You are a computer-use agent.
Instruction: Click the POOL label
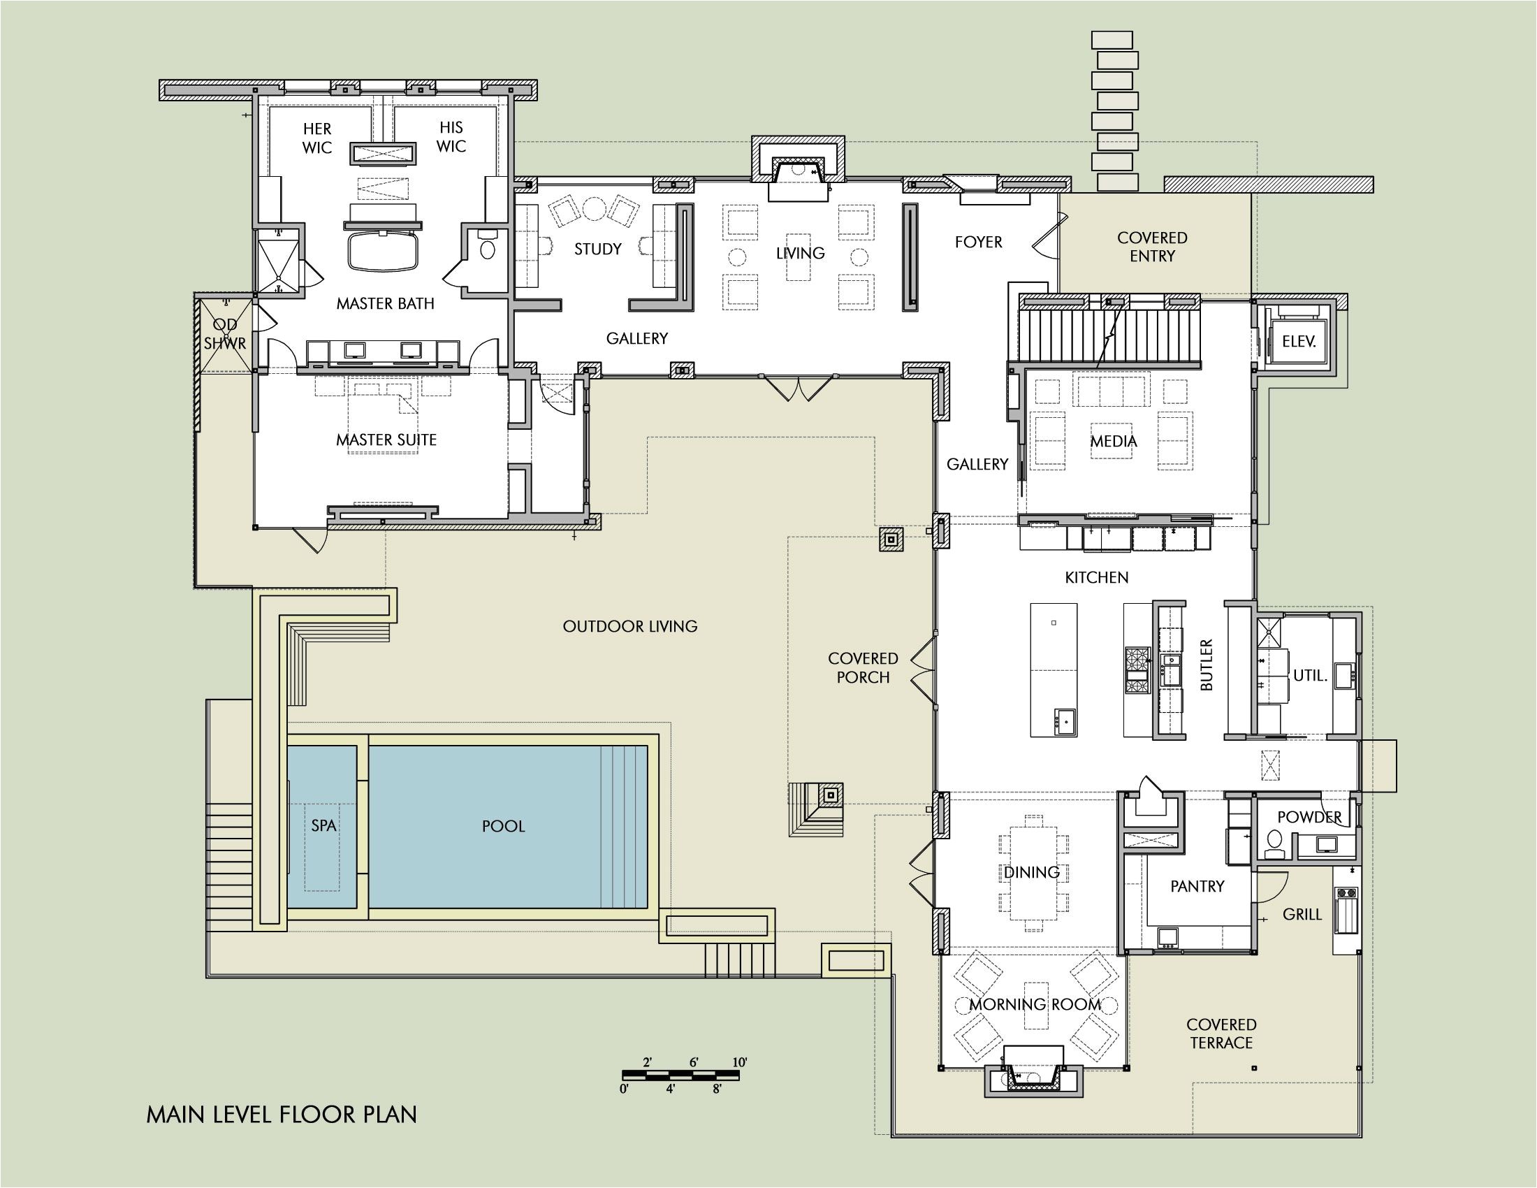click(x=503, y=826)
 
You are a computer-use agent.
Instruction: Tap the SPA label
click(x=323, y=825)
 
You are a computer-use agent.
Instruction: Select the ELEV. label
click(x=1299, y=341)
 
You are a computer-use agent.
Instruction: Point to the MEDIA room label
click(x=1114, y=441)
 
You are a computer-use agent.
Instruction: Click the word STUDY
click(x=597, y=249)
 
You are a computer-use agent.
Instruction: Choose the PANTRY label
click(x=1197, y=886)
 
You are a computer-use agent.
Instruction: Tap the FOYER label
click(x=978, y=242)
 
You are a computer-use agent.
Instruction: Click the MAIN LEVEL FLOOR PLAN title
click(x=282, y=1115)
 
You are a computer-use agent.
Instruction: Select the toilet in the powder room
click(x=1274, y=843)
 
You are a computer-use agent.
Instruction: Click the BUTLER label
click(x=1207, y=665)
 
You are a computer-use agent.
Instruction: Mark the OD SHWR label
click(x=225, y=333)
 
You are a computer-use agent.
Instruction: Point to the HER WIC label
click(x=316, y=138)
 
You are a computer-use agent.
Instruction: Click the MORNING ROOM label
click(x=1035, y=1004)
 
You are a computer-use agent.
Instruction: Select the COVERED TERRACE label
click(x=1221, y=1034)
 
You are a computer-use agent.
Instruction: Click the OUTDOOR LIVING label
click(x=630, y=626)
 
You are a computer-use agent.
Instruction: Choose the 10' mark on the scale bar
click(x=740, y=1062)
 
